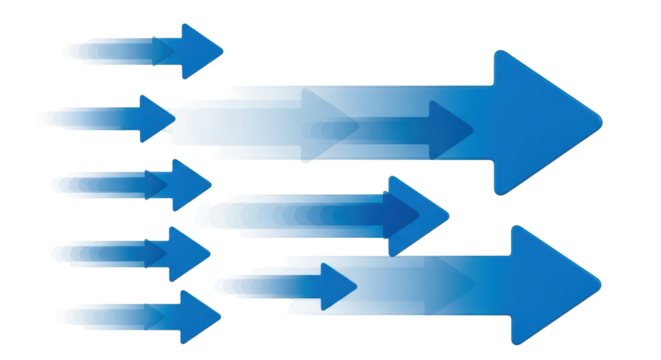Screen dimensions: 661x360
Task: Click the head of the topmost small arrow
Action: click(198, 50)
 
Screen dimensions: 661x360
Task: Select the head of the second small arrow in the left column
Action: click(155, 118)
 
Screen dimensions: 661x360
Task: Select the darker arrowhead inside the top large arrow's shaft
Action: click(449, 130)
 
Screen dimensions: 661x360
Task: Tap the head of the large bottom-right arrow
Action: click(550, 283)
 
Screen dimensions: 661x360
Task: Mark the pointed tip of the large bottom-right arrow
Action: click(599, 283)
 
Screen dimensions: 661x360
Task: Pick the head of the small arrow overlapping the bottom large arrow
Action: click(336, 286)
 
